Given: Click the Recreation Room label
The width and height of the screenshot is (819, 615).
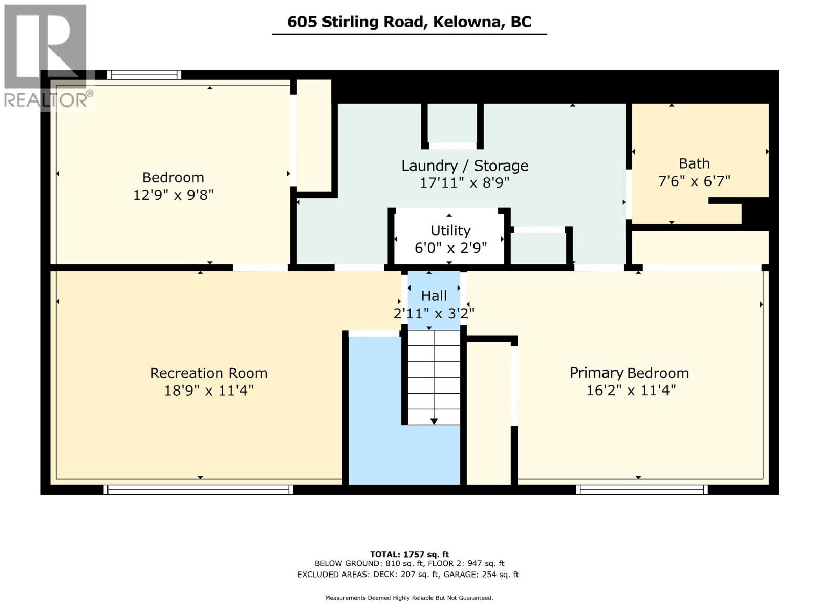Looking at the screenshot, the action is coord(208,373).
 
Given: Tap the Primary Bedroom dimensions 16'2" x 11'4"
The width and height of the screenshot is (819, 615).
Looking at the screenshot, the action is coord(631,391).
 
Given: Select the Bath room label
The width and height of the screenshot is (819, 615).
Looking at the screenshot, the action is coord(694,163).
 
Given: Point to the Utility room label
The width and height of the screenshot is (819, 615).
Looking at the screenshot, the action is coord(450,231).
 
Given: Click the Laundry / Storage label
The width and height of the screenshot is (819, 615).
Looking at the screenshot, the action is coord(465,166).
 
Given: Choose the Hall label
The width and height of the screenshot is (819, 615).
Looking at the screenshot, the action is coord(434,296).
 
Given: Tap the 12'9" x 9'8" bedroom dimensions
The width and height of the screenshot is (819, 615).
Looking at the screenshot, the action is coord(173,195).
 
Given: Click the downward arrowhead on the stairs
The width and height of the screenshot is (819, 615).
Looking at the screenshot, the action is coord(434,422).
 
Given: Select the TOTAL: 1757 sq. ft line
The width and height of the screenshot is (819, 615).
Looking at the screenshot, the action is coord(409,555).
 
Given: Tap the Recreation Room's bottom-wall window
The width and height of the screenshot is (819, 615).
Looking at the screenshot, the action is coord(198,489).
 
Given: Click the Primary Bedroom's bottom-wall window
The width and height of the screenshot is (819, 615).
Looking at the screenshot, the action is coord(642,489).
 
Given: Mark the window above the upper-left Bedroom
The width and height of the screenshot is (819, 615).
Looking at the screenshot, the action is coord(144,75).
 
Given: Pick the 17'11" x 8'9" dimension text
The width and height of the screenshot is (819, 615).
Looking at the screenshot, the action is coord(465,183).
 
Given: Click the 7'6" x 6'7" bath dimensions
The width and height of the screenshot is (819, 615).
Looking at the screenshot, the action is coord(694,181).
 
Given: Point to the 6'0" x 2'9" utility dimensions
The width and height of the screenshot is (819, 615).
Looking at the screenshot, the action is coord(451,248).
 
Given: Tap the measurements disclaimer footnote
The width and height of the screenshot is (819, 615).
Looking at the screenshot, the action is coord(409,598).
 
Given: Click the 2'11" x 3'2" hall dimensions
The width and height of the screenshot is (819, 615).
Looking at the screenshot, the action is coord(434,313).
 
